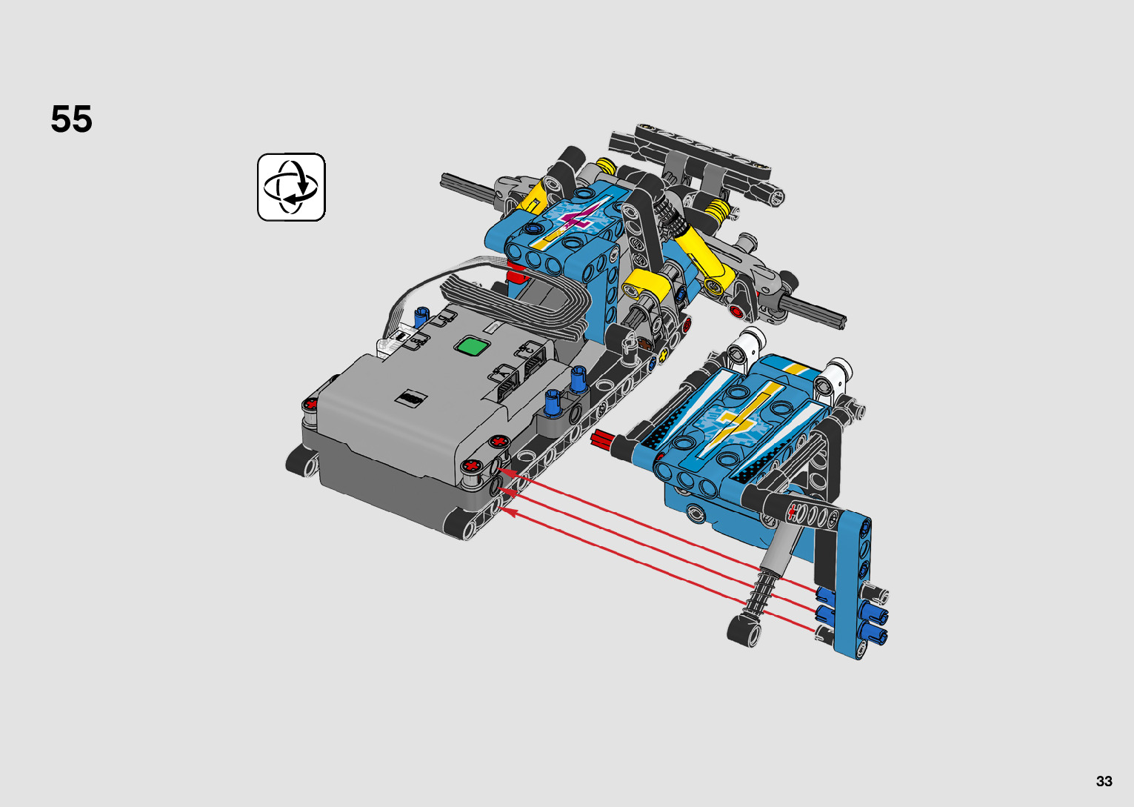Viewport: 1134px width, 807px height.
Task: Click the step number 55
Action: [71, 119]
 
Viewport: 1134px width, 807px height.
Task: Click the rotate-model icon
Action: [291, 187]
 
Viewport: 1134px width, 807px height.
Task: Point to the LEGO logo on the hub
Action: [411, 398]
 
